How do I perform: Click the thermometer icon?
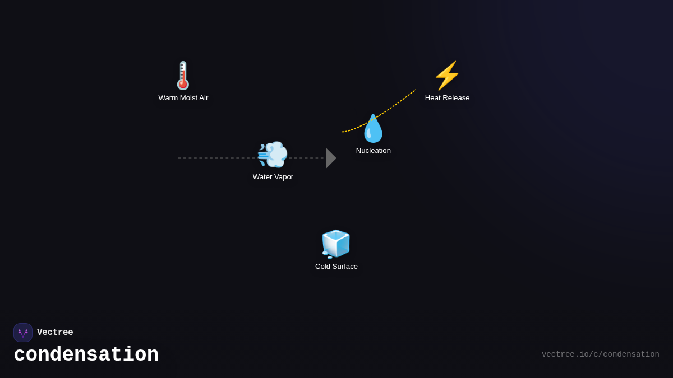[x=183, y=76]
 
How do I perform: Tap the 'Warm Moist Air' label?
[x=183, y=98]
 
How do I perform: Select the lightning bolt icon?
[x=447, y=76]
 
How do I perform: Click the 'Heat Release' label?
[x=447, y=98]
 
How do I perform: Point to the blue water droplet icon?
[x=373, y=129]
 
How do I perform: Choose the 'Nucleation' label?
[x=373, y=151]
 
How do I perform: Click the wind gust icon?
[x=273, y=155]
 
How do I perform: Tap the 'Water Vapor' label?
[x=273, y=177]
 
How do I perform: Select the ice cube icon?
[x=336, y=244]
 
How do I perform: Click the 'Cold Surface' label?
[x=336, y=267]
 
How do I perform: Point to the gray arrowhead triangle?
[x=330, y=158]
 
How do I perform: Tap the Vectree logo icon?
[x=23, y=333]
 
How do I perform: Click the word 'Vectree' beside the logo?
[x=55, y=333]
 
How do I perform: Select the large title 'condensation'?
[x=86, y=355]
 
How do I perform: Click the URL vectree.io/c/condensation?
[x=600, y=354]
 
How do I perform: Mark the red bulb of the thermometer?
[x=183, y=85]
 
